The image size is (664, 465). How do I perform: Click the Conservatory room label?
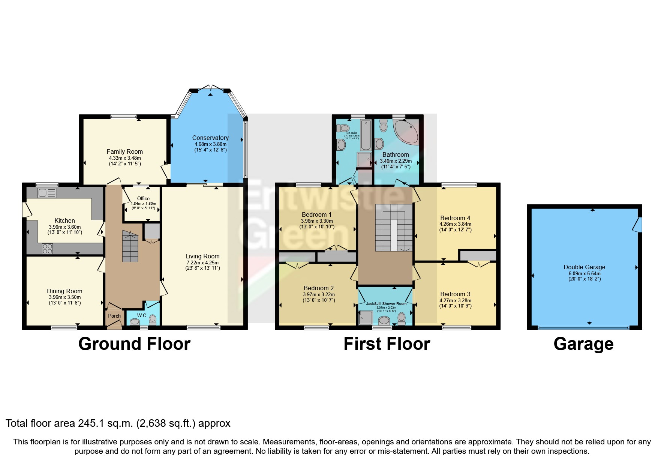pos(210,138)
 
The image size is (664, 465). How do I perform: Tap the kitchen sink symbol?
pos(46,193)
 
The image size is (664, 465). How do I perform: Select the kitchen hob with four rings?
pos(47,248)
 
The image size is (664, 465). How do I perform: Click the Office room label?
pos(143,198)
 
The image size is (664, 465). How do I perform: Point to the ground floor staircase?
pos(130,246)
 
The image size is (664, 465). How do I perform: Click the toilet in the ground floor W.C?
pos(153,319)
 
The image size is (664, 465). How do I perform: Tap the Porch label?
pos(114,316)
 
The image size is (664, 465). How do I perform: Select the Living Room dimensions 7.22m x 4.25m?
pos(202,262)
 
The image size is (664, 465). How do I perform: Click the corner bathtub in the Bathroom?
pos(406,132)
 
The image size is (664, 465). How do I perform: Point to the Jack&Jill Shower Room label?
pos(386,303)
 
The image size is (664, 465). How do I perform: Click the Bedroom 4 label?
pos(455,218)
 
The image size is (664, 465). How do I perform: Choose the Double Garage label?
pos(584,267)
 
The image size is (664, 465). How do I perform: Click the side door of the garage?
pos(637,225)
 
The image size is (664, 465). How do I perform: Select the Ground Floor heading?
pos(134,344)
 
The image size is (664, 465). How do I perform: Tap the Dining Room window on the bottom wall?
pos(64,328)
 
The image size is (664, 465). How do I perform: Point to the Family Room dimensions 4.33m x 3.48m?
pos(125,158)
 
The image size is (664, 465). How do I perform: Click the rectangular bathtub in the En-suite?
pos(366,135)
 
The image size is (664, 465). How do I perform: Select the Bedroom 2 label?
pos(318,288)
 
